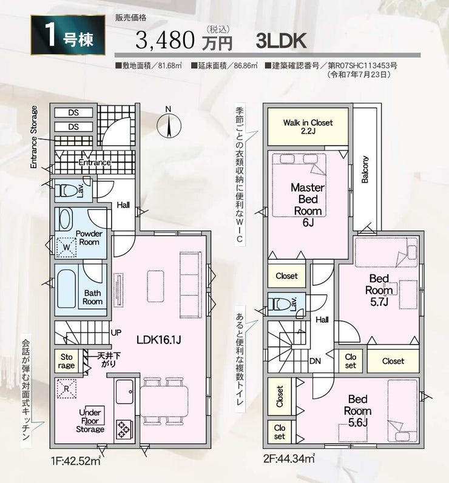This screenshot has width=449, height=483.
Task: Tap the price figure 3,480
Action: pyautogui.click(x=165, y=41)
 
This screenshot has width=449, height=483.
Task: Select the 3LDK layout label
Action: pyautogui.click(x=281, y=41)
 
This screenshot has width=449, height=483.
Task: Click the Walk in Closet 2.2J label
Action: pyautogui.click(x=308, y=127)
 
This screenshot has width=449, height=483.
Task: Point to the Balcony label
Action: pyautogui.click(x=365, y=169)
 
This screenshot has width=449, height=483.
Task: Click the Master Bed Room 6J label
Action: pyautogui.click(x=308, y=204)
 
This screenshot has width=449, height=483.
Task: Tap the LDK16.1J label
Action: pyautogui.click(x=158, y=340)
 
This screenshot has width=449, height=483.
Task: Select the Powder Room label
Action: pyautogui.click(x=89, y=238)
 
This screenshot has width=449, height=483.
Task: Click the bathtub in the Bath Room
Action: pyautogui.click(x=67, y=289)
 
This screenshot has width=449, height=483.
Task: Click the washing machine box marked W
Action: pyautogui.click(x=67, y=247)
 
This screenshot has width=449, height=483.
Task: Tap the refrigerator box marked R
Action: pyautogui.click(x=67, y=388)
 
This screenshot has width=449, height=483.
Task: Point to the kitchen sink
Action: pyautogui.click(x=124, y=391)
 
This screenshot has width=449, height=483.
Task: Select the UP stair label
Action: pyautogui.click(x=116, y=333)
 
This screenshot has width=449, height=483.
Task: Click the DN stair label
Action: pyautogui.click(x=315, y=361)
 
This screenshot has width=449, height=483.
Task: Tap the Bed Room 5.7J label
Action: pyautogui.click(x=379, y=290)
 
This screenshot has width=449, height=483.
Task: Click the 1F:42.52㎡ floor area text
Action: pyautogui.click(x=76, y=461)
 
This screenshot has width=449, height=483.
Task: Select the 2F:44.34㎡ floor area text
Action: pyautogui.click(x=289, y=459)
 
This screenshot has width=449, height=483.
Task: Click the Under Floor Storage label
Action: pyautogui.click(x=90, y=421)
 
